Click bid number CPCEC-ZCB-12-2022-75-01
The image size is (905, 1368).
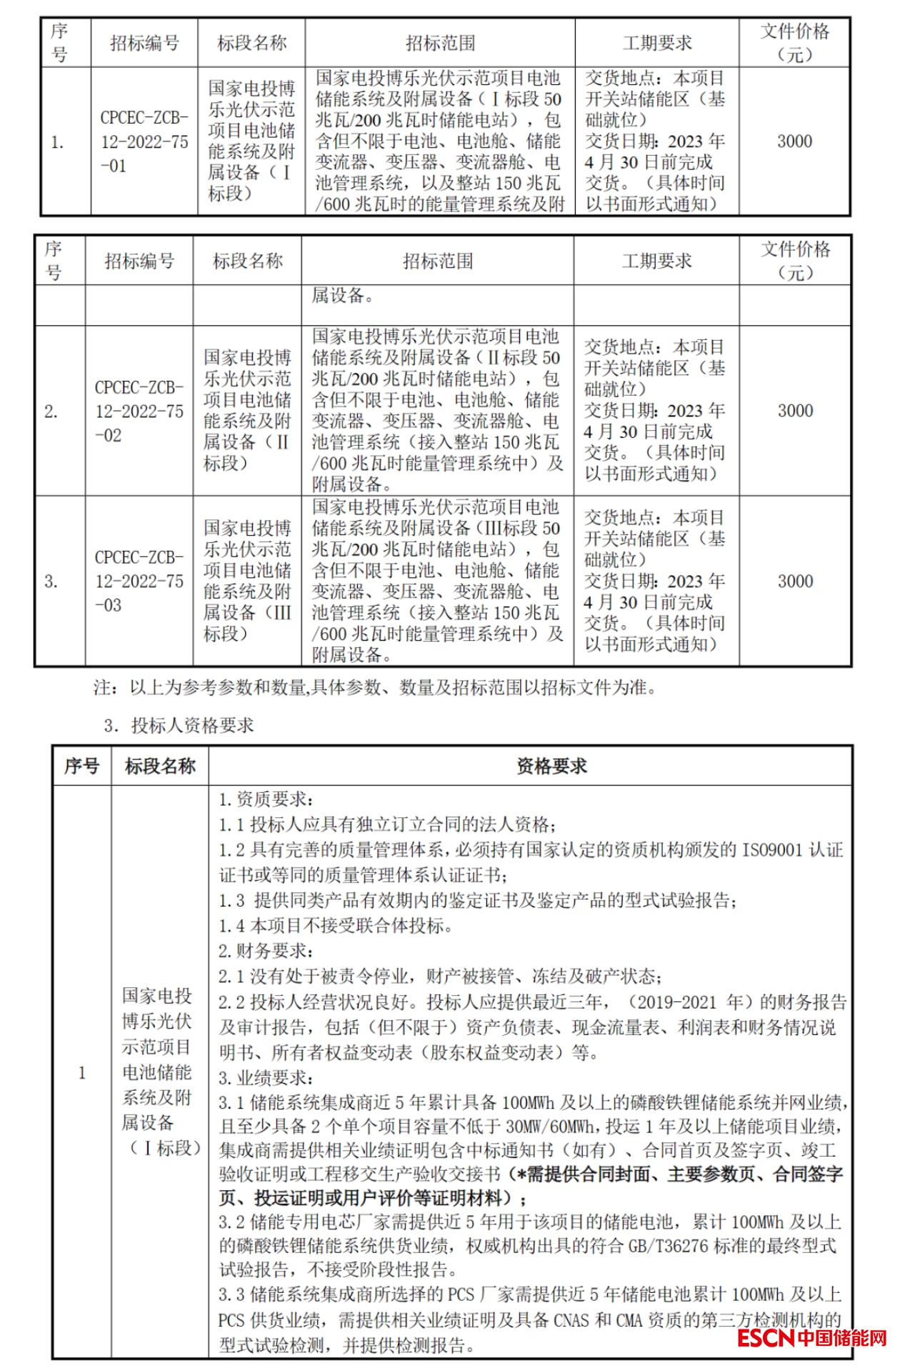click(144, 141)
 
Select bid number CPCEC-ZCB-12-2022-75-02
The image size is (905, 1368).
click(139, 411)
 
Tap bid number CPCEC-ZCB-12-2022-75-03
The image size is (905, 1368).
click(139, 581)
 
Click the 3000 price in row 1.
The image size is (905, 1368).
click(794, 141)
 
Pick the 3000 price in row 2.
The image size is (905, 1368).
click(795, 411)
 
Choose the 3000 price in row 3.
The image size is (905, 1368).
click(795, 581)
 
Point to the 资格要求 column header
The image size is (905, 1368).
click(551, 767)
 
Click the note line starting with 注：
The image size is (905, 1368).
click(374, 688)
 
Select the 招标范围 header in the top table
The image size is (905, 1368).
click(440, 44)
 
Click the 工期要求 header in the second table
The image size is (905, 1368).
click(656, 261)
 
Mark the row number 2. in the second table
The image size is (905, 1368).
click(51, 411)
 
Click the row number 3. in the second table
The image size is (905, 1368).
click(51, 581)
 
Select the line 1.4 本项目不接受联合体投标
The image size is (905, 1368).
click(336, 926)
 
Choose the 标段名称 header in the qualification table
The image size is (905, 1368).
click(160, 767)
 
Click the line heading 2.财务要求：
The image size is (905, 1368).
click(266, 951)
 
